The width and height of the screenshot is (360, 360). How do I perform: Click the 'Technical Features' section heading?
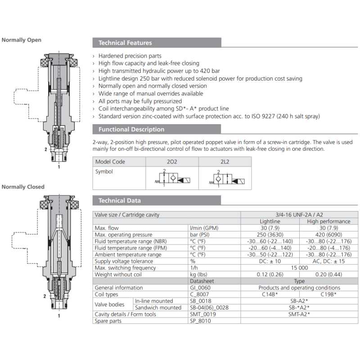125,43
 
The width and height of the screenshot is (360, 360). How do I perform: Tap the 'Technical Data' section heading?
120,201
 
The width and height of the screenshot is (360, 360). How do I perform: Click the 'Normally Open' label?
22,40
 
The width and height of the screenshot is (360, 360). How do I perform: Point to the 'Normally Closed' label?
23,187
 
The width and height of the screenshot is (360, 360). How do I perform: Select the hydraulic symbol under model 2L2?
225,178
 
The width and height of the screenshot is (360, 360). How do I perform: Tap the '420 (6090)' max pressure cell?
322,235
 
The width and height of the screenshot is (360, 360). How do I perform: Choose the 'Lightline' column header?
270,221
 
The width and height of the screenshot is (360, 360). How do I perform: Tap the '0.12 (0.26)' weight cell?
270,274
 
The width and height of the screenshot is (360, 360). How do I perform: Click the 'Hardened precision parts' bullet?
130,56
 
